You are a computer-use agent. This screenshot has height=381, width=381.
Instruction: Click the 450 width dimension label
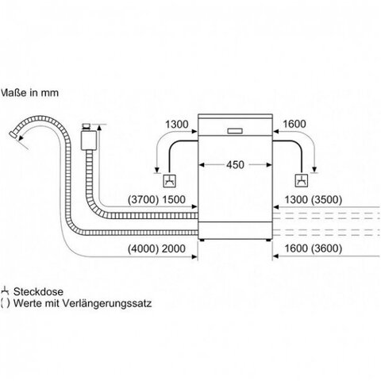(x=235, y=165)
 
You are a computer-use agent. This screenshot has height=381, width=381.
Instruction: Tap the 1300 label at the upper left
(x=177, y=124)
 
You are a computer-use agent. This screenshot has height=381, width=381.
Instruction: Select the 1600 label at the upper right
(x=294, y=124)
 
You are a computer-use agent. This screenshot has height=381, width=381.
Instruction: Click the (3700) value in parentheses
(x=143, y=199)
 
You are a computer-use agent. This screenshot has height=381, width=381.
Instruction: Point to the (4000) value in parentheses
(x=143, y=248)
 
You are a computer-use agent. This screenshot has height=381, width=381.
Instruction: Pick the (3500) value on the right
(x=326, y=199)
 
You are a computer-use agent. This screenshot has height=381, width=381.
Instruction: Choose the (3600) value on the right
(x=326, y=248)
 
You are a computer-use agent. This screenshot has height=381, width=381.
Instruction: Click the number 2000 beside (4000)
(x=174, y=248)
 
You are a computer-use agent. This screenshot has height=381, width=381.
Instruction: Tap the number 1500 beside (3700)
(x=174, y=199)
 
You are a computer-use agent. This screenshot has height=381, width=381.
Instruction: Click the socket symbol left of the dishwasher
(x=169, y=181)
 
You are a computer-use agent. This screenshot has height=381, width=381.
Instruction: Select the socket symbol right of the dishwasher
(x=302, y=181)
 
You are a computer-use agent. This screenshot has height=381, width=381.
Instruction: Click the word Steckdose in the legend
(x=38, y=291)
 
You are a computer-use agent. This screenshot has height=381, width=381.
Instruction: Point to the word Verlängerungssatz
(x=107, y=303)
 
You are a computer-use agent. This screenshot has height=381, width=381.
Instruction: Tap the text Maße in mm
(x=29, y=93)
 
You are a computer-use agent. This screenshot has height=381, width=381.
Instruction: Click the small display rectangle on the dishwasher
(x=235, y=131)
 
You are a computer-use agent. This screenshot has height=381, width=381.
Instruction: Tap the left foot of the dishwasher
(x=202, y=241)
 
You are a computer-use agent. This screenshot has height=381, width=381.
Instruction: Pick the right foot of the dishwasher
(x=268, y=241)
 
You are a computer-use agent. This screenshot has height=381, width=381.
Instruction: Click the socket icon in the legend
(x=5, y=291)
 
